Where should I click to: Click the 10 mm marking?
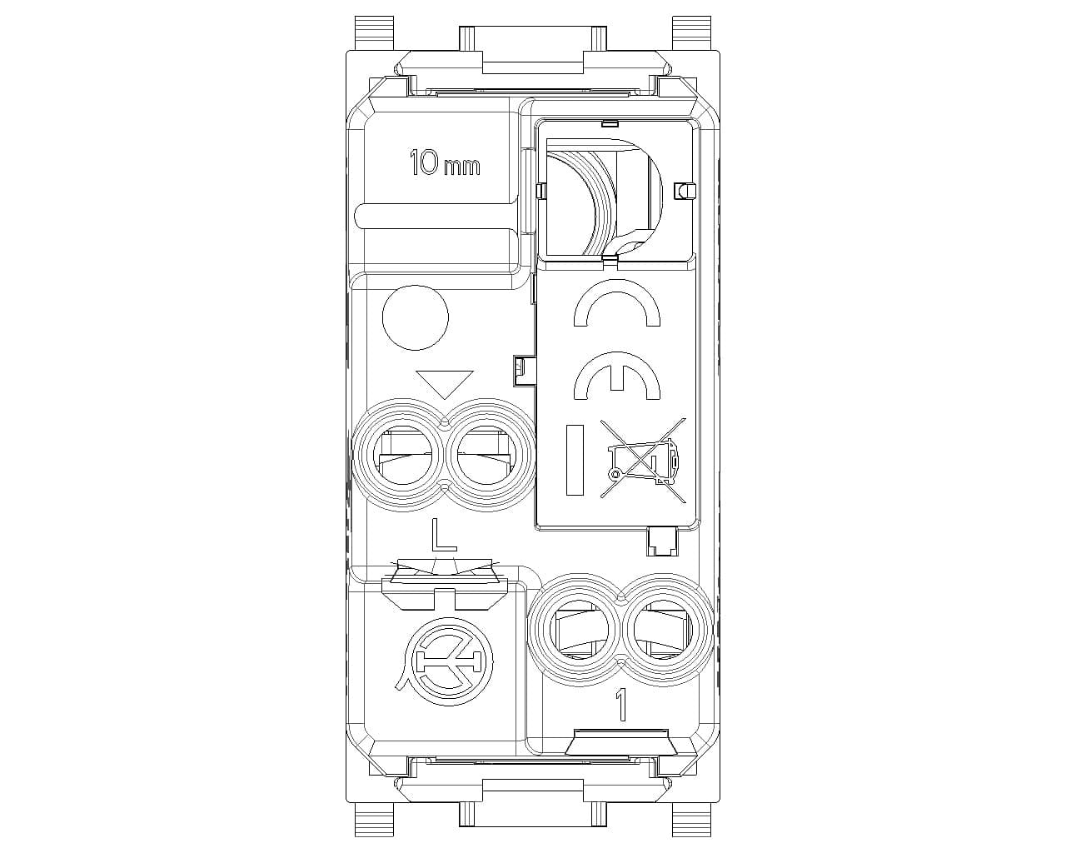point(445,162)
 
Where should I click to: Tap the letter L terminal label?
point(443,534)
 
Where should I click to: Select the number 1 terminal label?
point(620,704)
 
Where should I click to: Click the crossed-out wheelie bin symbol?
point(643,458)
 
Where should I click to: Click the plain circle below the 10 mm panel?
point(416,317)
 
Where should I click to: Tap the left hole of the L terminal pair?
point(399,456)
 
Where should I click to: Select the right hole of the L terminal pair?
point(487,456)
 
